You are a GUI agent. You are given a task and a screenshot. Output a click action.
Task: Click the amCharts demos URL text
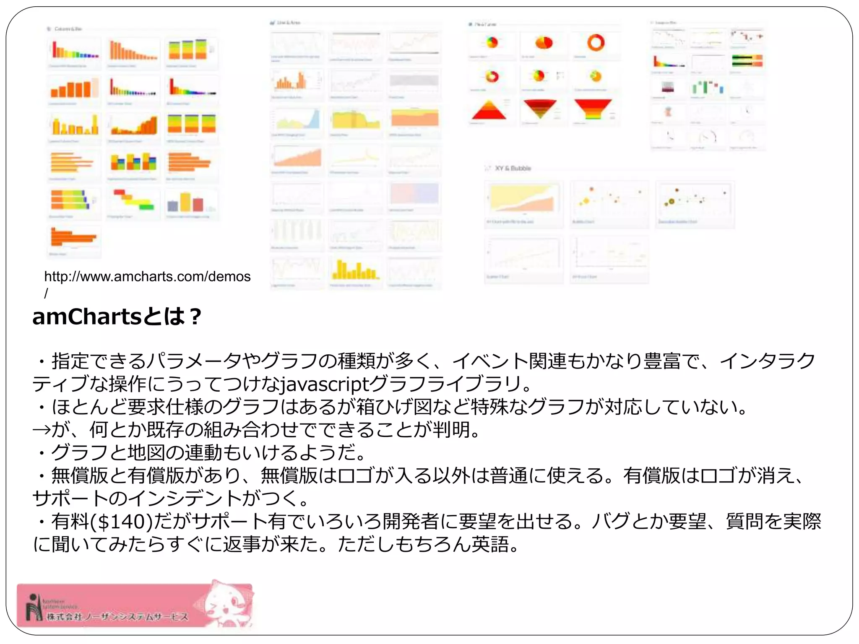click(147, 277)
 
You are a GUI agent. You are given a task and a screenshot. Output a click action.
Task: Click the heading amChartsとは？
click(117, 317)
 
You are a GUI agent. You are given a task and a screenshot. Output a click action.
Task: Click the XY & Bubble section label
click(513, 168)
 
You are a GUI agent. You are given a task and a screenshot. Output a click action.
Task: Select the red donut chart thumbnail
click(596, 43)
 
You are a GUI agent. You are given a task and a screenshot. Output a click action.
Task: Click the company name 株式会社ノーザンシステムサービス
click(117, 617)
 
